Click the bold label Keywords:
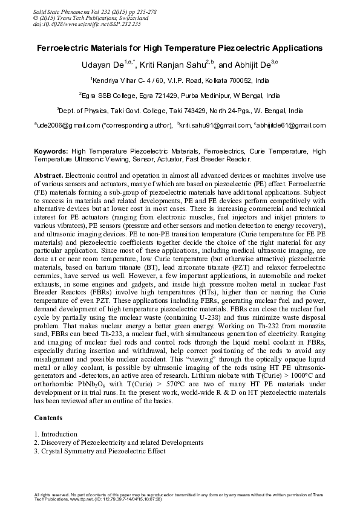coord(51,151)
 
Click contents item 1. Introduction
coord(56,434)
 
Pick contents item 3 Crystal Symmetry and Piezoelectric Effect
coord(100,451)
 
